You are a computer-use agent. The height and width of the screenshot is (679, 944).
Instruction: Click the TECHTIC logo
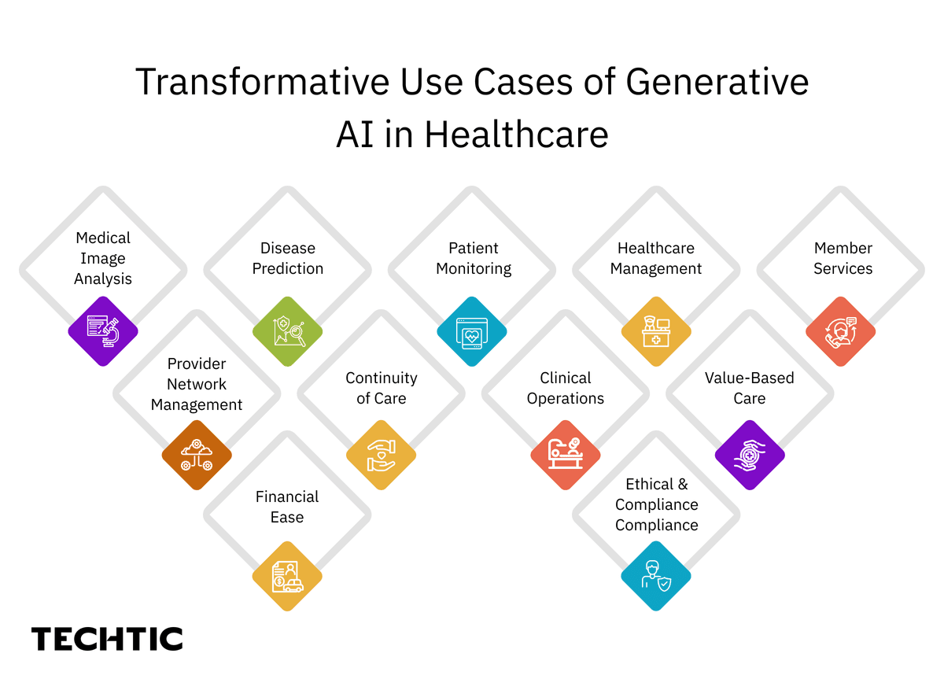tap(107, 639)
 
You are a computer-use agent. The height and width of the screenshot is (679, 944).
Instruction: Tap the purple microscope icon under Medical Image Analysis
tap(103, 331)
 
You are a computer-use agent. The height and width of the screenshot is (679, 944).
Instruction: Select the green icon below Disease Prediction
tap(288, 331)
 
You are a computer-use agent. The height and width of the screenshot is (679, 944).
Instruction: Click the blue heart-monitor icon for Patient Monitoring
tap(472, 331)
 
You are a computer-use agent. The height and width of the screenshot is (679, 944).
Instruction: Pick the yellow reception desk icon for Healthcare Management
tap(656, 331)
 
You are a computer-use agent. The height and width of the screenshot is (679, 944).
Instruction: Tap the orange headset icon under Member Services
tap(841, 331)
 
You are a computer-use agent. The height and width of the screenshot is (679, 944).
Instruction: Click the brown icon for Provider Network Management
tap(197, 455)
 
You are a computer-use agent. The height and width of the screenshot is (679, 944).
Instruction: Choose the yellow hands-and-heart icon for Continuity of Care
tap(382, 455)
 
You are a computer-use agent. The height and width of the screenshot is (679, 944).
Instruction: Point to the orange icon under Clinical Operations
tap(566, 455)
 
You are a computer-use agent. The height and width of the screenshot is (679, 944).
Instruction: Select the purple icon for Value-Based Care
tap(750, 455)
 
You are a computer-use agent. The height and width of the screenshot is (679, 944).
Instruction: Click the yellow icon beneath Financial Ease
tap(288, 577)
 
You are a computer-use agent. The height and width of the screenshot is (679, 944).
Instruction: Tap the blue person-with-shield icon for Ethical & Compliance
tap(656, 577)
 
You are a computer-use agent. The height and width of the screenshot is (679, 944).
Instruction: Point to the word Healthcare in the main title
tap(516, 135)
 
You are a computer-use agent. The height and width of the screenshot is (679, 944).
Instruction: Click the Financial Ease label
tap(287, 507)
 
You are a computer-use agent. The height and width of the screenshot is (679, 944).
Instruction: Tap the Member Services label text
tap(843, 258)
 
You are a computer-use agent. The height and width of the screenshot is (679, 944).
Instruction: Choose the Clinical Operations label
tap(566, 388)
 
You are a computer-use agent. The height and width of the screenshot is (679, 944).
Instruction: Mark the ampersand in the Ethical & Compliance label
tap(681, 484)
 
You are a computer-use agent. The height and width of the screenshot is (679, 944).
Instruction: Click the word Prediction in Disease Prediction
tap(288, 268)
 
